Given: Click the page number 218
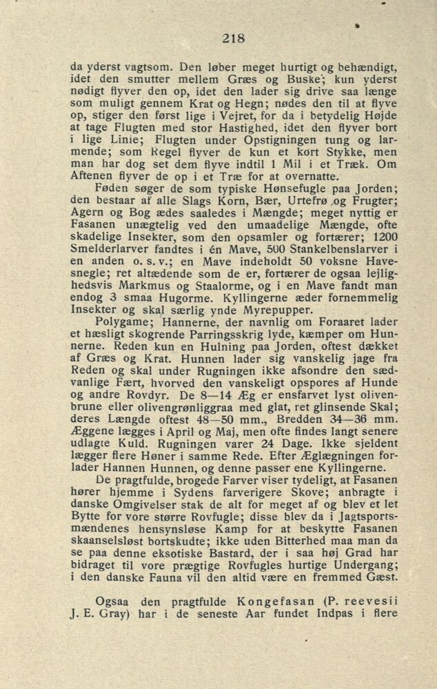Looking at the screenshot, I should [234, 39].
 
